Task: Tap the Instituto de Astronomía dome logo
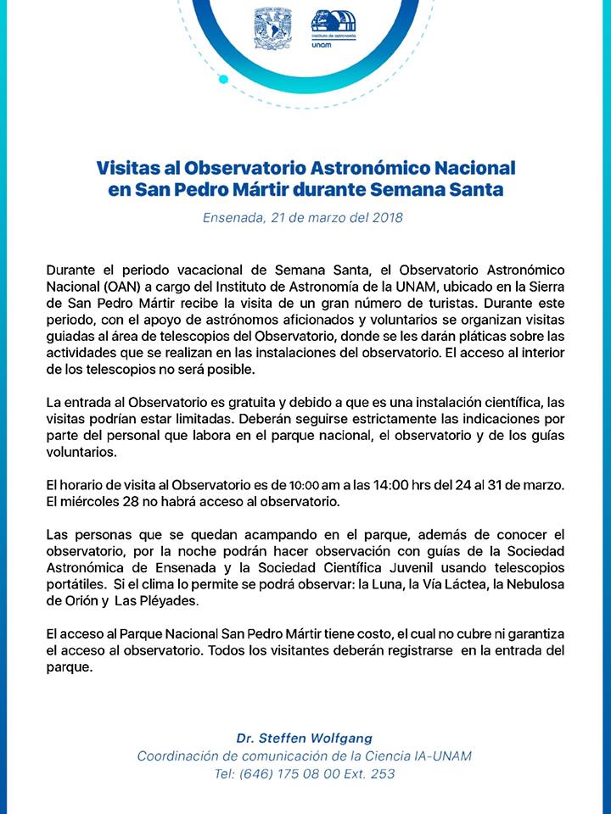coord(334,28)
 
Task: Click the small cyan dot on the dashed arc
coord(223,80)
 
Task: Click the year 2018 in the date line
coord(385,217)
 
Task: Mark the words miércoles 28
coord(92,502)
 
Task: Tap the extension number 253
coord(382,772)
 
